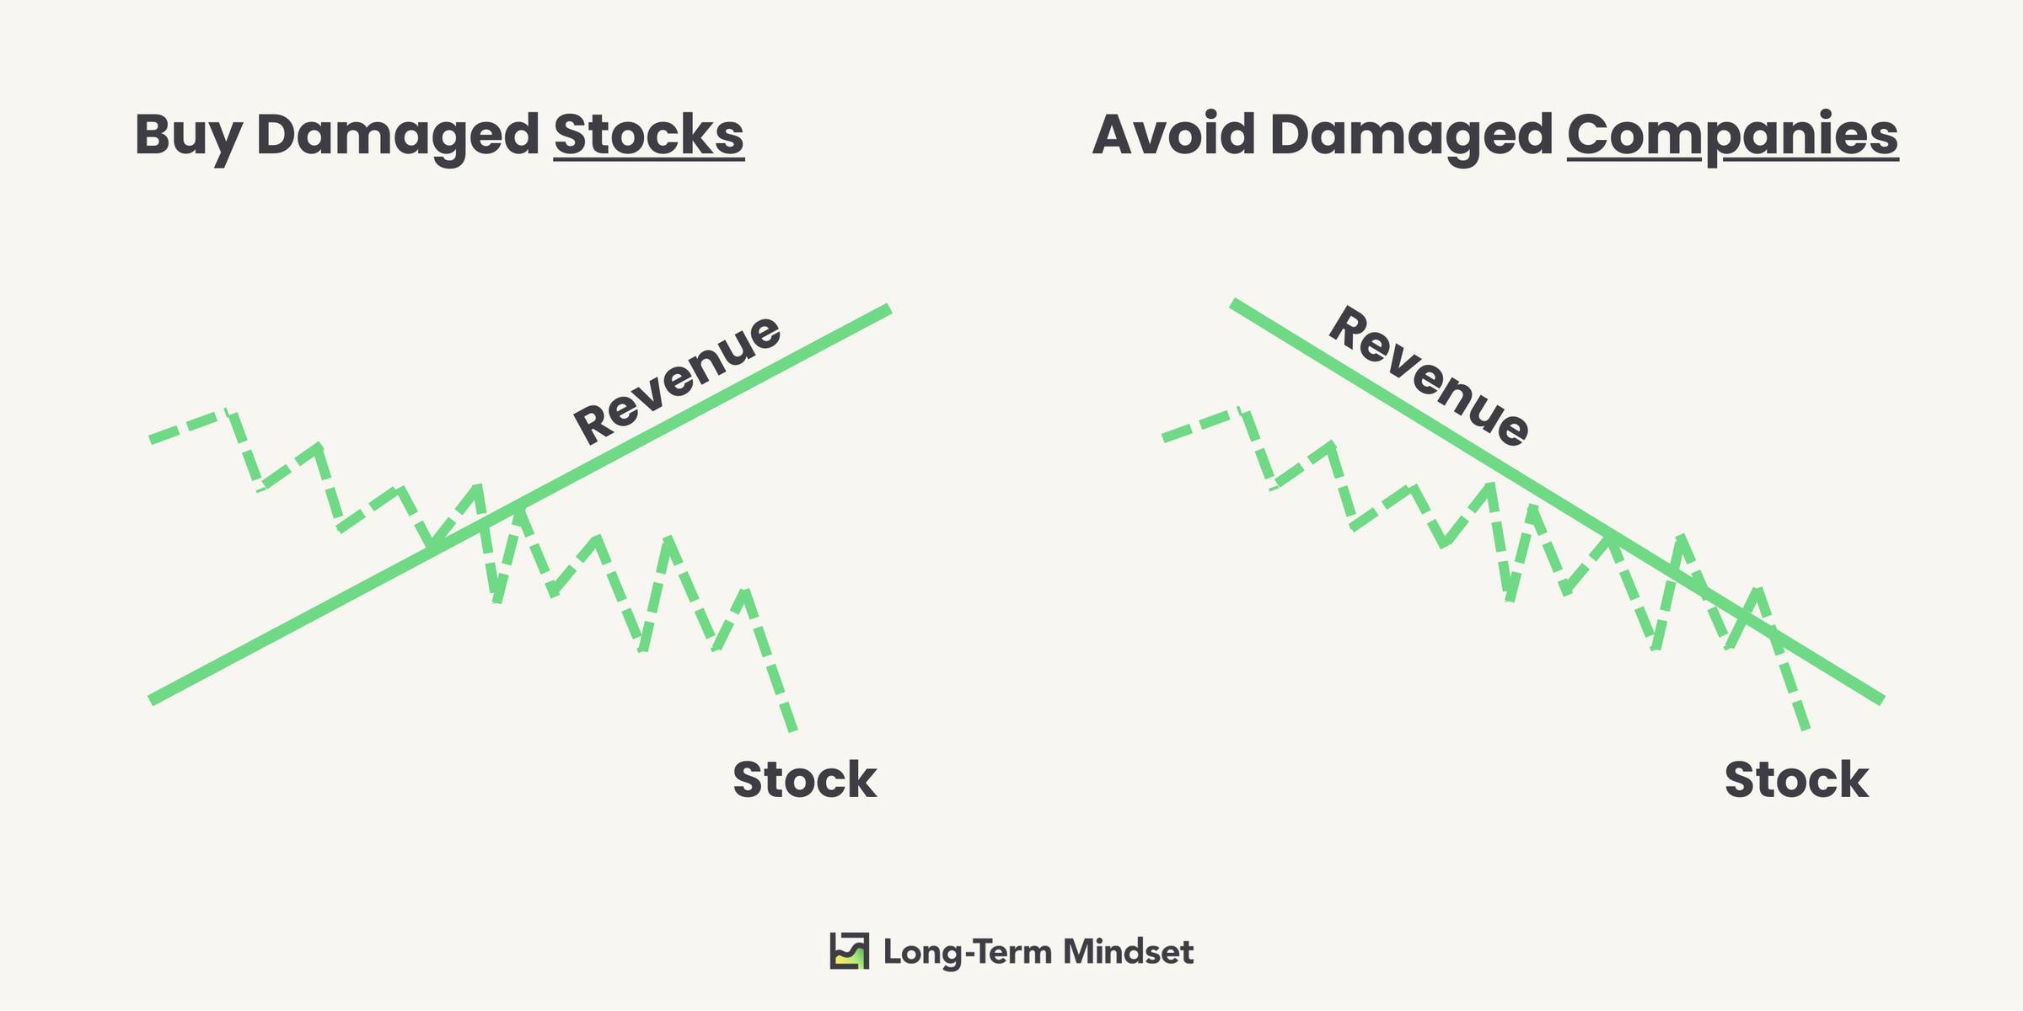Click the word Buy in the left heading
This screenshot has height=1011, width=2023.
188,136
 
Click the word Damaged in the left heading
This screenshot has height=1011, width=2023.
398,136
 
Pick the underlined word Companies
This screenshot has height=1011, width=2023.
1733,136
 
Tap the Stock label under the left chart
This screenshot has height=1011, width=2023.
805,779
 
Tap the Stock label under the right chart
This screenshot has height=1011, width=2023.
1796,779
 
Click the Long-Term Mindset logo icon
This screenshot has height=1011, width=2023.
849,951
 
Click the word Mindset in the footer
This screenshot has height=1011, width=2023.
1128,952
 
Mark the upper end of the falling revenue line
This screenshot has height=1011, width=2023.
1232,302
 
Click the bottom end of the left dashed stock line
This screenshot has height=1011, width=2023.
792,730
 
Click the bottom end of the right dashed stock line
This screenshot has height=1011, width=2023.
1805,729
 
